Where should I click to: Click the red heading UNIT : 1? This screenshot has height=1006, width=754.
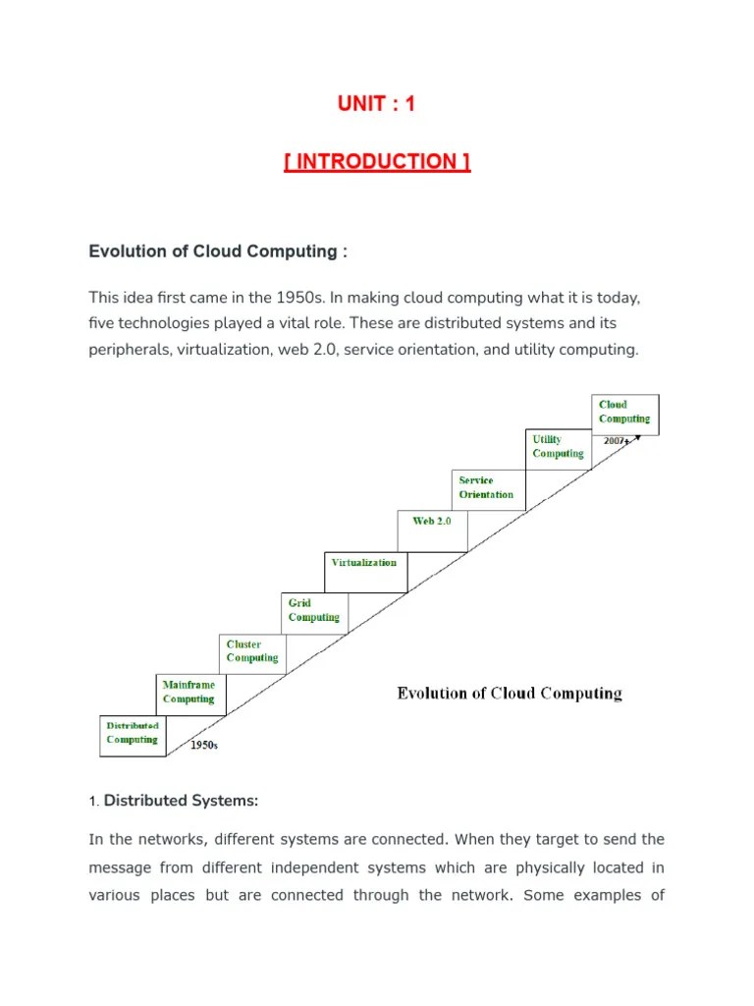[376, 103]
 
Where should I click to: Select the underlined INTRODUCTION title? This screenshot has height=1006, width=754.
[377, 162]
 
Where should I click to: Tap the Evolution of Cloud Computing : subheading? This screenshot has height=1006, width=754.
[218, 251]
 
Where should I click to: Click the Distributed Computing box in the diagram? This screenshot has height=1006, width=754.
[133, 733]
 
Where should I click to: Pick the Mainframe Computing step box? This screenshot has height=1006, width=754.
[188, 692]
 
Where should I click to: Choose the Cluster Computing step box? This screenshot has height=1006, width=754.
[252, 651]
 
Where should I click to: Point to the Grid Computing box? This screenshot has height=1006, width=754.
[314, 610]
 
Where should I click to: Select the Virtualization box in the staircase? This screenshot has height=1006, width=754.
[364, 563]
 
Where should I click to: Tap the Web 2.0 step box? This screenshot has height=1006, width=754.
[432, 521]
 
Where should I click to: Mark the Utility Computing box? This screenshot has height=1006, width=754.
[558, 447]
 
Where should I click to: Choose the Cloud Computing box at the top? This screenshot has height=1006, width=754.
[624, 412]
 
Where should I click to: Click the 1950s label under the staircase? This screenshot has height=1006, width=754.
[204, 746]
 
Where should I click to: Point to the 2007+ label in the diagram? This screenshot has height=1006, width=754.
[617, 442]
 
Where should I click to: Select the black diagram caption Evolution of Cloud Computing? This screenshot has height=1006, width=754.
[510, 694]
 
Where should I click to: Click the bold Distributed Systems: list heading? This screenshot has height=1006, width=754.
[181, 801]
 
